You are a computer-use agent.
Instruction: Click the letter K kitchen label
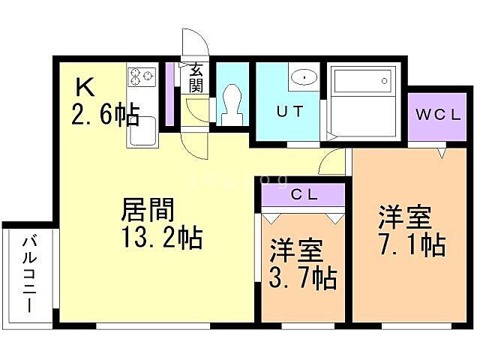[x=85, y=88]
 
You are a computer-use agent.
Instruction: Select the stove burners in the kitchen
[x=142, y=75]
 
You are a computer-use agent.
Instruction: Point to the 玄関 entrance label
[x=196, y=77]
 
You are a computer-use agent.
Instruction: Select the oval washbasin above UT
[x=304, y=76]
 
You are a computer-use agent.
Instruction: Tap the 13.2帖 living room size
[x=161, y=238]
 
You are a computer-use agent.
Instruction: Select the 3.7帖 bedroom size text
[x=303, y=278]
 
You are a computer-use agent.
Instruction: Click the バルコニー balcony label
[x=28, y=274]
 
